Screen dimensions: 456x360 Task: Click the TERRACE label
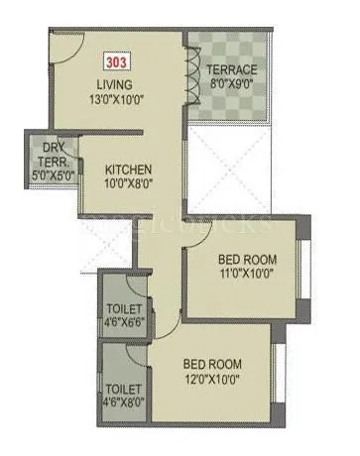coord(231,70)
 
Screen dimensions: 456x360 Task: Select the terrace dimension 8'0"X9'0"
coord(231,85)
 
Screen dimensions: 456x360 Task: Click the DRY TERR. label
coord(50,145)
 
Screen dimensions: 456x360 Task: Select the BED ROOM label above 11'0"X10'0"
coord(248,262)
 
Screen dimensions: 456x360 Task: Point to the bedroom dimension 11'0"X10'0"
coord(248,277)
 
